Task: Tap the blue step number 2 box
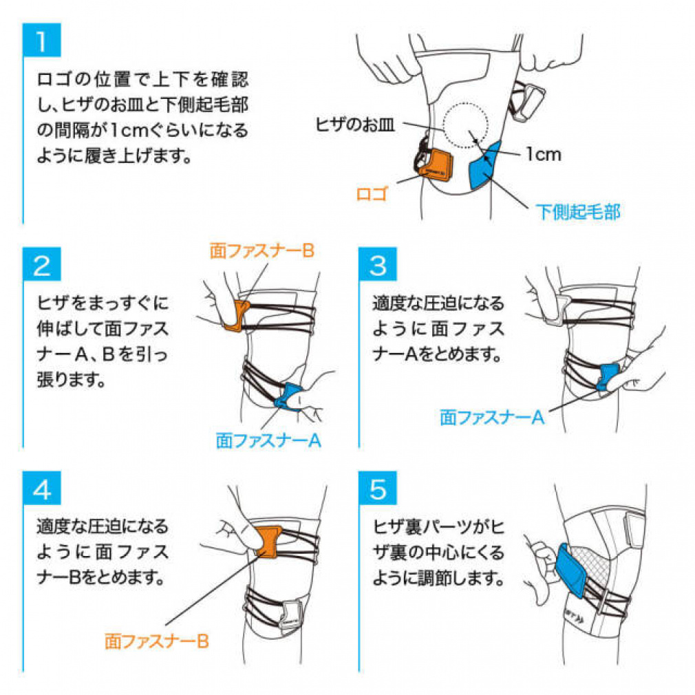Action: point(42,266)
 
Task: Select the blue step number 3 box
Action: point(378,266)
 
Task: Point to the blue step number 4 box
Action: point(42,489)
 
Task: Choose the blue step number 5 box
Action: point(378,489)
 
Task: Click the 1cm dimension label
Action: point(543,154)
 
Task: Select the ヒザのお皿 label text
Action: point(353,124)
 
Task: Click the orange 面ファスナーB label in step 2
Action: point(261,250)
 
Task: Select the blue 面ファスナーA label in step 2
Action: point(268,440)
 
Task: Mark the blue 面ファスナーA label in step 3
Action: point(492,416)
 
